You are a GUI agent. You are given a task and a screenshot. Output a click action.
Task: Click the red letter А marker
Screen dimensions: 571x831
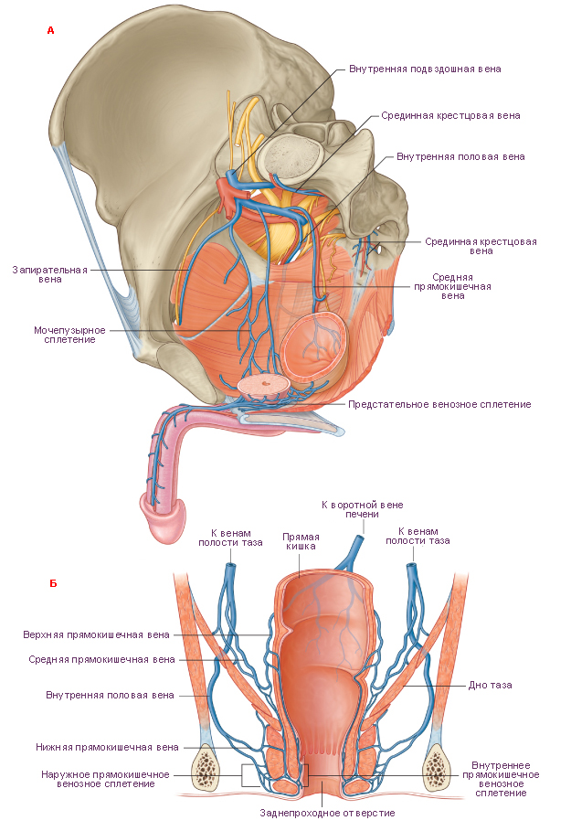[51, 30]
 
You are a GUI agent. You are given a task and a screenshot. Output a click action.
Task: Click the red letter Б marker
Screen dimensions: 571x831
[53, 583]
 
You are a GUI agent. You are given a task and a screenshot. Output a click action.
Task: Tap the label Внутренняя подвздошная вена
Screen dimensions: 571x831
[425, 69]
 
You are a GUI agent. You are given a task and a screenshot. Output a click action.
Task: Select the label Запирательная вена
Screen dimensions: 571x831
[49, 274]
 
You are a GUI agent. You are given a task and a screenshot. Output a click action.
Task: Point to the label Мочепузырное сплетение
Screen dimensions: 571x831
[69, 335]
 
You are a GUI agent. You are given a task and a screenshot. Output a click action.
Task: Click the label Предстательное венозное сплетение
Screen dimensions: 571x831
[439, 404]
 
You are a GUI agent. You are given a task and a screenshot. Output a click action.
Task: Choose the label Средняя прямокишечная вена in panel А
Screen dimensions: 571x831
[452, 286]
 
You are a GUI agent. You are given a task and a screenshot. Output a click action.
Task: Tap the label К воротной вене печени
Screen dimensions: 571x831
[363, 509]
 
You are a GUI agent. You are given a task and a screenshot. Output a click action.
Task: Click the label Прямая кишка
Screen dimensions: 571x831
[301, 541]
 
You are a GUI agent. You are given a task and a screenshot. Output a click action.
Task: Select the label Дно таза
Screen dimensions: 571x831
[490, 685]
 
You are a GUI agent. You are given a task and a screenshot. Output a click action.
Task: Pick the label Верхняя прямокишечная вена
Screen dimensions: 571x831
[97, 634]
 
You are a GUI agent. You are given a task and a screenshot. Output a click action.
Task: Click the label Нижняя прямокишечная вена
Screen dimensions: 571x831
[107, 747]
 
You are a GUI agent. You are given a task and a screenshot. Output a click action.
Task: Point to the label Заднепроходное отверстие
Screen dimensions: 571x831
[327, 813]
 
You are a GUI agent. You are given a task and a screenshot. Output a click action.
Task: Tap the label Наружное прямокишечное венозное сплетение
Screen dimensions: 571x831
[105, 779]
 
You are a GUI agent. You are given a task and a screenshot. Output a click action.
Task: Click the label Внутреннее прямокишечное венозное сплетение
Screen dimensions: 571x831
[501, 779]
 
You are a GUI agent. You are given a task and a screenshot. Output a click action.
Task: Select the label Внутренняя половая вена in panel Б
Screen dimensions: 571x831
[110, 696]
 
